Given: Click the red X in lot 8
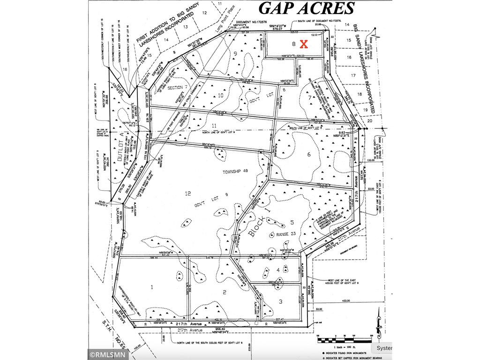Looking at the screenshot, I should (x=303, y=45).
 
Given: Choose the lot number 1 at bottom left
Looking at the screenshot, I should (x=152, y=285).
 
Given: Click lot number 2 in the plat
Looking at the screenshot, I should (x=225, y=292).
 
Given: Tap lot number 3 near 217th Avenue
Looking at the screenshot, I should (x=280, y=301).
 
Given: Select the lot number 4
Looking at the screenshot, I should (x=278, y=270).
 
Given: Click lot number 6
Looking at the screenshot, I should (x=309, y=155).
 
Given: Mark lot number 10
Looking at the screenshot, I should (x=207, y=96).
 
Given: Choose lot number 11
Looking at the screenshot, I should (x=213, y=126).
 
